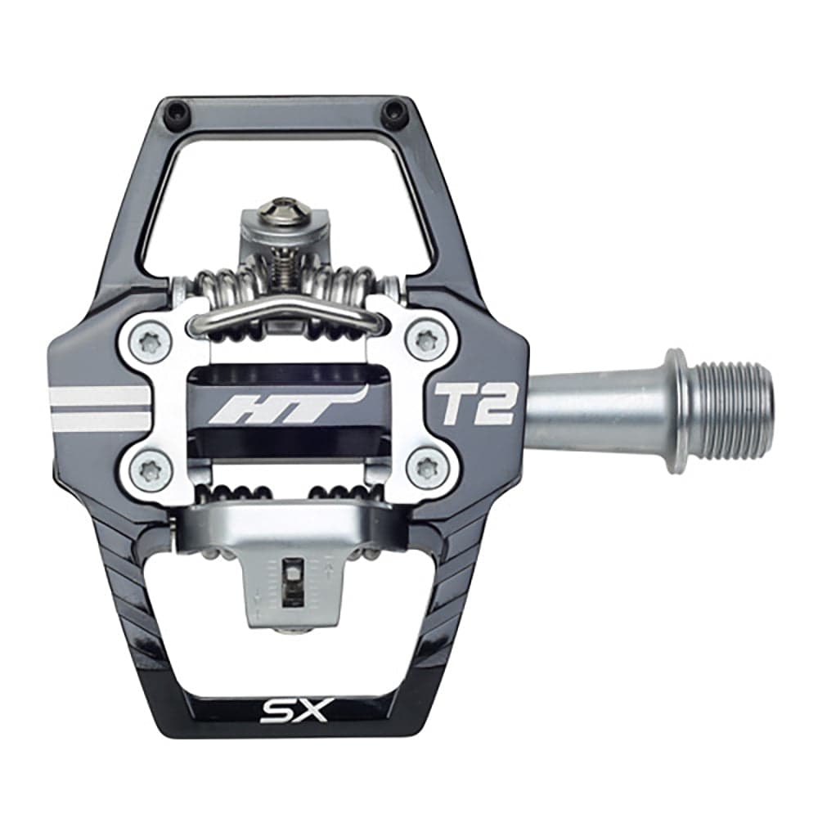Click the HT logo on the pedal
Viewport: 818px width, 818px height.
click(x=282, y=407)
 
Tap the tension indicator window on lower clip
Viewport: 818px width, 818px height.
click(x=290, y=583)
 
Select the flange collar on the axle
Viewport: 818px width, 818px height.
click(x=676, y=411)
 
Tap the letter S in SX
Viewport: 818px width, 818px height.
click(x=274, y=710)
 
